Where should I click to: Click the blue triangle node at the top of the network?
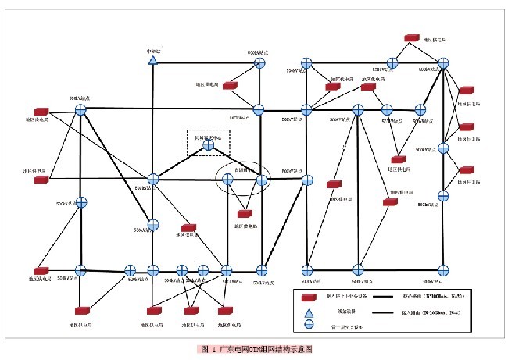click(x=154, y=60)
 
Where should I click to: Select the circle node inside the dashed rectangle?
click(x=208, y=144)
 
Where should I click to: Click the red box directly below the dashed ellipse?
click(x=245, y=212)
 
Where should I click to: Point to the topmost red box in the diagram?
click(x=411, y=38)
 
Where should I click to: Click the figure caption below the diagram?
click(x=256, y=348)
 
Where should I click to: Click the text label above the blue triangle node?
click(x=153, y=52)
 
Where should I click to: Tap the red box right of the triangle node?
click(x=230, y=84)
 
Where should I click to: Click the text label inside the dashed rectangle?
click(x=208, y=137)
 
